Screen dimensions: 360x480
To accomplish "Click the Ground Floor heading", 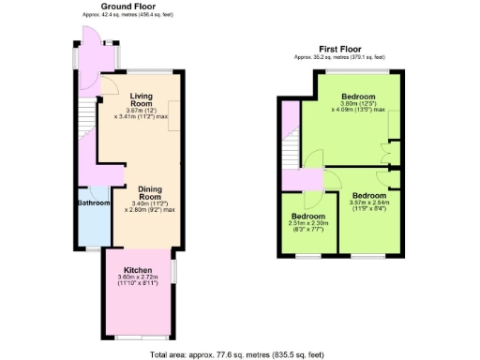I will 128,7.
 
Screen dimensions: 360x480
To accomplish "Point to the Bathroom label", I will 94,202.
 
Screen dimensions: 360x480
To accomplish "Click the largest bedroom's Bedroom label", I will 358,97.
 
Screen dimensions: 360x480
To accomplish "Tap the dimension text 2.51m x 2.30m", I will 308,223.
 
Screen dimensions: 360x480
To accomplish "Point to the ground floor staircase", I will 86,122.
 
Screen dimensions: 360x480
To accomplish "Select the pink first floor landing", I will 302,179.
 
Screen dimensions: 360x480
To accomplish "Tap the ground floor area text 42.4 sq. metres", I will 128,15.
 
